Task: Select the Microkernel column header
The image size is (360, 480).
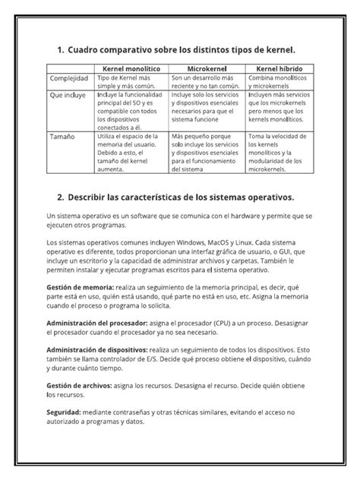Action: click(x=204, y=68)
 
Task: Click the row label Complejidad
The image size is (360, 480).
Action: click(x=70, y=78)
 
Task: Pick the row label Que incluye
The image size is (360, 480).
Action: click(x=68, y=96)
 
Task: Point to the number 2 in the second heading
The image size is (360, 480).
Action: click(x=60, y=197)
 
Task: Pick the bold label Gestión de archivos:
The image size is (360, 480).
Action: click(x=79, y=386)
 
